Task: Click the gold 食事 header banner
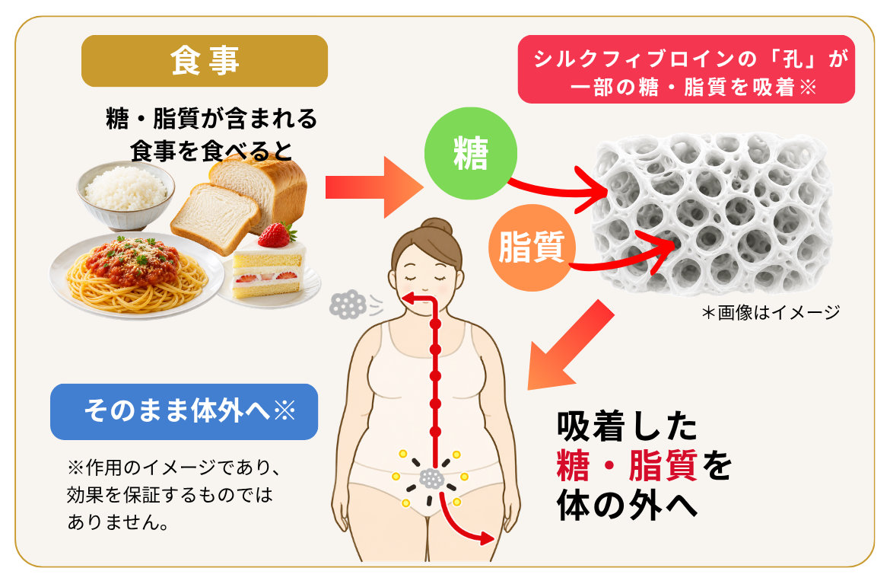205,61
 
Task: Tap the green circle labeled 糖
471,153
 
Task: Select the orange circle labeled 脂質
532,247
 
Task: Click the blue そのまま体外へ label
184,411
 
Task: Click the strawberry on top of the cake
276,235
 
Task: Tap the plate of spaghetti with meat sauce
136,276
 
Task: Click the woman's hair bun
437,227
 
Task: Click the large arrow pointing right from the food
374,187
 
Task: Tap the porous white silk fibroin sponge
712,214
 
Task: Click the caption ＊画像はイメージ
771,312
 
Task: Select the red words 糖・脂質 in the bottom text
628,466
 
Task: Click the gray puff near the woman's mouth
348,305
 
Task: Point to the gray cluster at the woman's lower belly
431,479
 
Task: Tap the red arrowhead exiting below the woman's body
486,538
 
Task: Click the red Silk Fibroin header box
686,69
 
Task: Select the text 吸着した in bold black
627,426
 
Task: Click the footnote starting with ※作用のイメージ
173,494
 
